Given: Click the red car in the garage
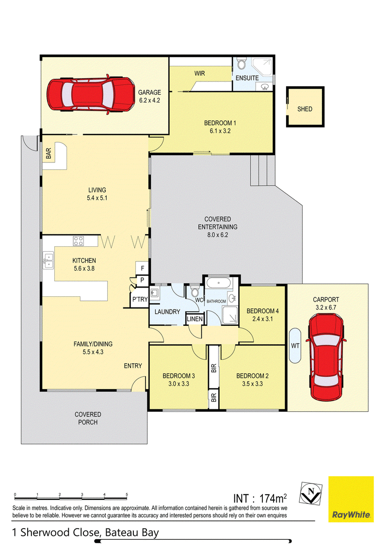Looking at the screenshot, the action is coord(90,94).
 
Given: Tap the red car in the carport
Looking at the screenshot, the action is coord(325,357).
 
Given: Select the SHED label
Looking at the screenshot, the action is coord(305,109).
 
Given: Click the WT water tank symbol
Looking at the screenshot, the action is coord(295,346).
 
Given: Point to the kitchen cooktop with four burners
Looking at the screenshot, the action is coord(79,241).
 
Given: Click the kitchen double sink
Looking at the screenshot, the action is coord(48,260).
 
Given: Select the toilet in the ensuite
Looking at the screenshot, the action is coord(241,64).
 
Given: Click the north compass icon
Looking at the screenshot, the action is coord(311,493).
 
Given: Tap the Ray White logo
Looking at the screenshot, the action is coord(351,499).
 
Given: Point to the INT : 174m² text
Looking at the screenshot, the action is coord(260,498).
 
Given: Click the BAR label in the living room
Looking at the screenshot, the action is coord(48,153).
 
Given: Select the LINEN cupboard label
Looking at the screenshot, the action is coord(194,319).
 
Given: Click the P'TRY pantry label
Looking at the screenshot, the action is coord(140,299).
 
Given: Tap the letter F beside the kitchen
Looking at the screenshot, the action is coord(143,269).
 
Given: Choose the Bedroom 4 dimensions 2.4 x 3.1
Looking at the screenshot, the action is coord(262,319).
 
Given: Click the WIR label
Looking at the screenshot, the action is coord(200,73).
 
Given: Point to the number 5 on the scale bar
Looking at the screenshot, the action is coord(127,494).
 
